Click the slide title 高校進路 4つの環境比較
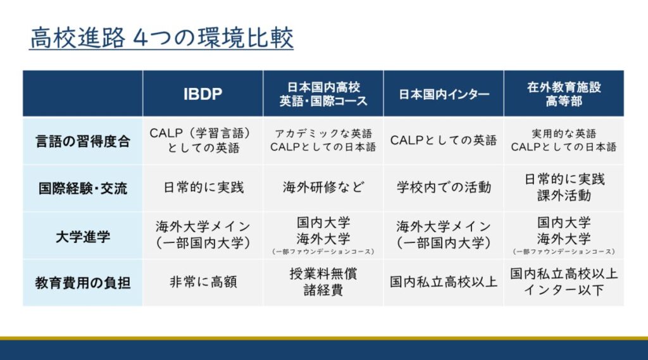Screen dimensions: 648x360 pyautogui.click(x=161, y=38)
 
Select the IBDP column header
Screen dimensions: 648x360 pyautogui.click(x=203, y=94)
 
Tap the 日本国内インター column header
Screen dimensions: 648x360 pyautogui.click(x=444, y=94)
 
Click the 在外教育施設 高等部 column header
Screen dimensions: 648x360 pyautogui.click(x=564, y=94)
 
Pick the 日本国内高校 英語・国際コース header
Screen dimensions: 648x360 pyautogui.click(x=323, y=94)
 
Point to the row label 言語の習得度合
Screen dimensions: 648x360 pyautogui.click(x=83, y=141)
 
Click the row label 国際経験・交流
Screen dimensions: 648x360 pyautogui.click(x=83, y=189)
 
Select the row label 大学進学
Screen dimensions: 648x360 pyautogui.click(x=83, y=237)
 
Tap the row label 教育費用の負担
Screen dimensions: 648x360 pyautogui.click(x=83, y=283)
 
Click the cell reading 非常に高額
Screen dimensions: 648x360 pyautogui.click(x=203, y=282)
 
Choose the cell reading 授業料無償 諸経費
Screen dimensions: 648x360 pyautogui.click(x=323, y=282)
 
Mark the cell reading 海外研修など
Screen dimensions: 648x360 pyautogui.click(x=323, y=187)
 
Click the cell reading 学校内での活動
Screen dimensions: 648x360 pyautogui.click(x=444, y=187)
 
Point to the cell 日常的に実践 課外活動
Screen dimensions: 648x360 pyautogui.click(x=564, y=187)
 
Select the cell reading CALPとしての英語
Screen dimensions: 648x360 pyautogui.click(x=444, y=140)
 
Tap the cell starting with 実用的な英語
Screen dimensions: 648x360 pyautogui.click(x=564, y=140)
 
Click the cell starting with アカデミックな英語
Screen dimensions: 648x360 pyautogui.click(x=323, y=140)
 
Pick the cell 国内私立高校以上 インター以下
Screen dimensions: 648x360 pyautogui.click(x=564, y=282)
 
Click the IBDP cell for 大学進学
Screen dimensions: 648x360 pyautogui.click(x=203, y=234)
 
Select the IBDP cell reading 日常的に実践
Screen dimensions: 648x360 pyautogui.click(x=203, y=187)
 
